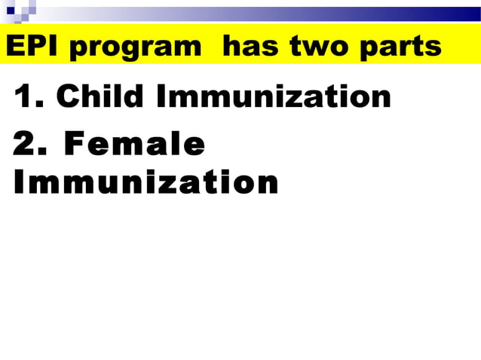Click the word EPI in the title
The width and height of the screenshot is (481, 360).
29,47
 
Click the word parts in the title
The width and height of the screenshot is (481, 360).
400,47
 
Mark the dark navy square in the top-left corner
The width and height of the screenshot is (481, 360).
11,11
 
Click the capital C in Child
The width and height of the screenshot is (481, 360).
69,97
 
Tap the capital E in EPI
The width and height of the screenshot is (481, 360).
13,47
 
